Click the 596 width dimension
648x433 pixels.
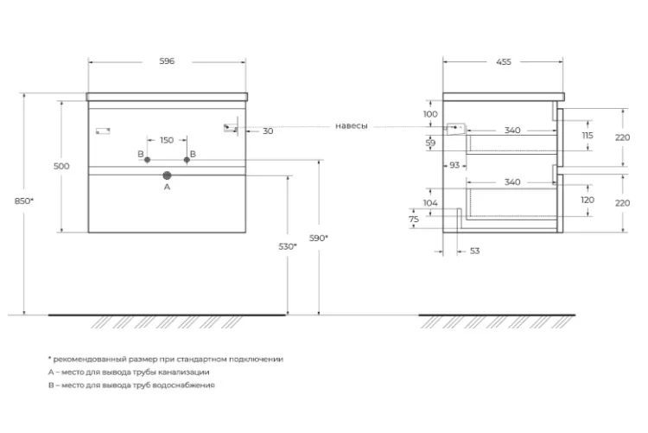pyautogui.click(x=167, y=61)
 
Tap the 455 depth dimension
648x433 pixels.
pyautogui.click(x=504, y=62)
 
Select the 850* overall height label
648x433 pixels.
pyautogui.click(x=24, y=201)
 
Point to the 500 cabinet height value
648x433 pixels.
pyautogui.click(x=61, y=166)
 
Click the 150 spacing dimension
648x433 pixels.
pyautogui.click(x=167, y=140)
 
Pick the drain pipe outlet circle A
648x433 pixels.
pyautogui.click(x=167, y=175)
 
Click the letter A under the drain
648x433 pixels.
pyautogui.click(x=167, y=187)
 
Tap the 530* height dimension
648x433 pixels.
pyautogui.click(x=288, y=246)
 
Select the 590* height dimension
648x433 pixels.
pyautogui.click(x=319, y=239)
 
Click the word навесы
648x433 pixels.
pyautogui.click(x=352, y=126)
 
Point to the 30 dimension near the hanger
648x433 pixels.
pyautogui.click(x=268, y=131)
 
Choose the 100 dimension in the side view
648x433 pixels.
pyautogui.click(x=430, y=114)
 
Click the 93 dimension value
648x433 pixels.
pyautogui.click(x=454, y=165)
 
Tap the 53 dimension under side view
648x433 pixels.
pyautogui.click(x=475, y=251)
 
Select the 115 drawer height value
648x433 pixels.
pyautogui.click(x=588, y=135)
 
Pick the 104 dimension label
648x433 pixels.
pyautogui.click(x=430, y=203)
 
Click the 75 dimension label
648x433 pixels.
pyautogui.click(x=414, y=220)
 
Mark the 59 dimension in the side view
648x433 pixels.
pyautogui.click(x=430, y=143)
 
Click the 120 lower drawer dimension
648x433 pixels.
pyautogui.click(x=588, y=201)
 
